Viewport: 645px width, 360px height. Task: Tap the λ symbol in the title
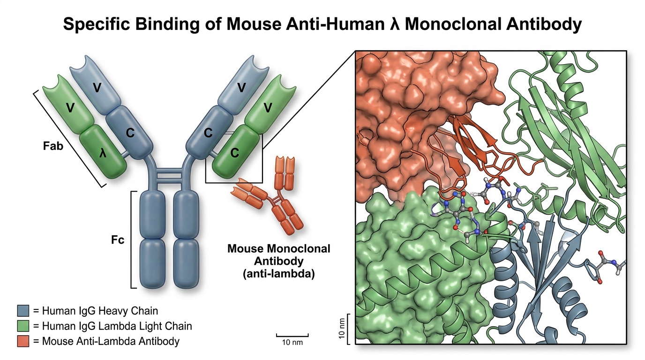click(x=396, y=24)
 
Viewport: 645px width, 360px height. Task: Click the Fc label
click(x=118, y=240)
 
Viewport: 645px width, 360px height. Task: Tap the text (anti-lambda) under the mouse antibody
click(x=278, y=274)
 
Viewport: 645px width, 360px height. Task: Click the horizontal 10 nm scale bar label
click(x=292, y=343)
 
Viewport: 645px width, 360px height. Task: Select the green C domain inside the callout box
click(x=235, y=153)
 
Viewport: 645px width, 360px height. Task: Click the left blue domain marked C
click(x=130, y=133)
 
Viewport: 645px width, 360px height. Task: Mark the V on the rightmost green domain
click(x=268, y=108)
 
